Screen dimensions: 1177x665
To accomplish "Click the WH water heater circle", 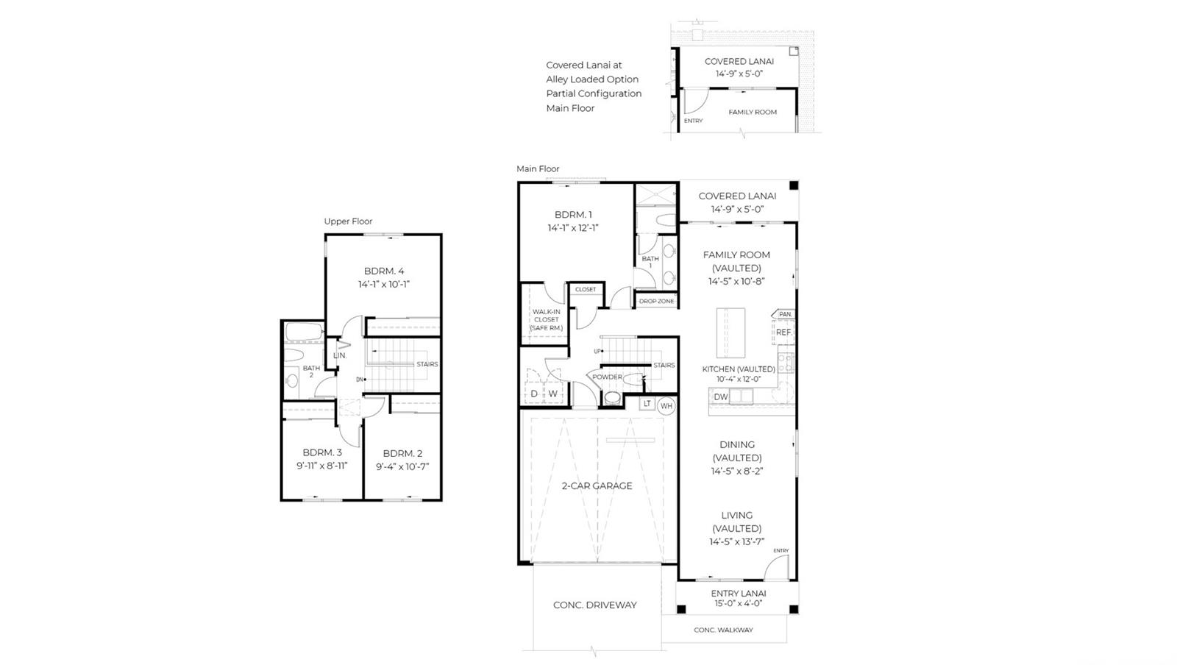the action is [666, 405].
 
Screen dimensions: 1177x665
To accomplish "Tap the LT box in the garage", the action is [647, 403].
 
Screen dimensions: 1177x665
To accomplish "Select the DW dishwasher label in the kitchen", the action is [721, 396].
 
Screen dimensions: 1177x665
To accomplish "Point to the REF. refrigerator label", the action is [784, 332].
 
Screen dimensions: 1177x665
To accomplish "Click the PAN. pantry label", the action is [786, 314].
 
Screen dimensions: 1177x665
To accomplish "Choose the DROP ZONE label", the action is [656, 301].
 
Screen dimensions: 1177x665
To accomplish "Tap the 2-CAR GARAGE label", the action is [597, 486].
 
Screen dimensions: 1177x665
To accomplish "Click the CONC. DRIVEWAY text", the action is [595, 605].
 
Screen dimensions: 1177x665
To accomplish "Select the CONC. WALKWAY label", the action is [724, 630].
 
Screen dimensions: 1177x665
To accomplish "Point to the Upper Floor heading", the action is [348, 221].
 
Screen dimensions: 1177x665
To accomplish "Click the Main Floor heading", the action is [538, 168].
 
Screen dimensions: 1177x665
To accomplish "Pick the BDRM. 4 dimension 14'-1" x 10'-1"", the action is [383, 284].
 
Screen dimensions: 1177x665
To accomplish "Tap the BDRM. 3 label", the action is [322, 452].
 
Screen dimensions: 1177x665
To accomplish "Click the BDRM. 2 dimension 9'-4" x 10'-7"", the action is [402, 466].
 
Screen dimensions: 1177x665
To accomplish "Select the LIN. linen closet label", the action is [340, 355].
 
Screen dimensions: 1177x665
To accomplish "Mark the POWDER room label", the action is [607, 377].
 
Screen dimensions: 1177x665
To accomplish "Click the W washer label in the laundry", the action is [552, 394].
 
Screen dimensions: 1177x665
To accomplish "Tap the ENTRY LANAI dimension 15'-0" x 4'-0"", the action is [739, 603].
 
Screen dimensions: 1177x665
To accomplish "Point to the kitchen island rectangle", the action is [731, 333].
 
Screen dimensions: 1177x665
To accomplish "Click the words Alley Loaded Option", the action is [592, 79].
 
